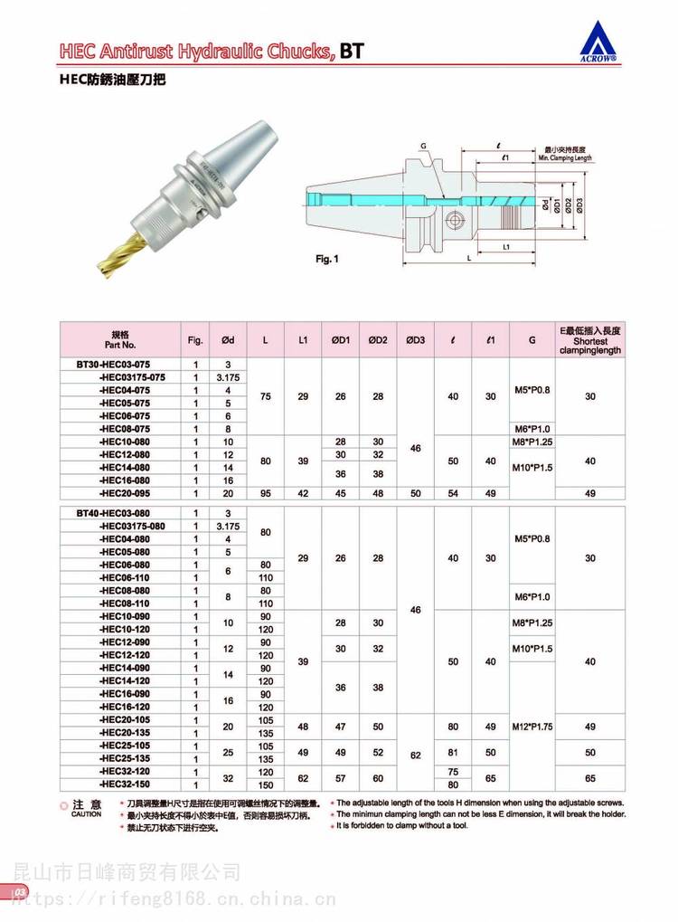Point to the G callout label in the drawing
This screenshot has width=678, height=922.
[422, 146]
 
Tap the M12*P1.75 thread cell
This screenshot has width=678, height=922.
[532, 726]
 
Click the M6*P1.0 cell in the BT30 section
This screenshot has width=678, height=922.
[532, 428]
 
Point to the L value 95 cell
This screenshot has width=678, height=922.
[266, 493]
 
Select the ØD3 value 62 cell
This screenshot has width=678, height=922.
[415, 751]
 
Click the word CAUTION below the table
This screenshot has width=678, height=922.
[86, 814]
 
